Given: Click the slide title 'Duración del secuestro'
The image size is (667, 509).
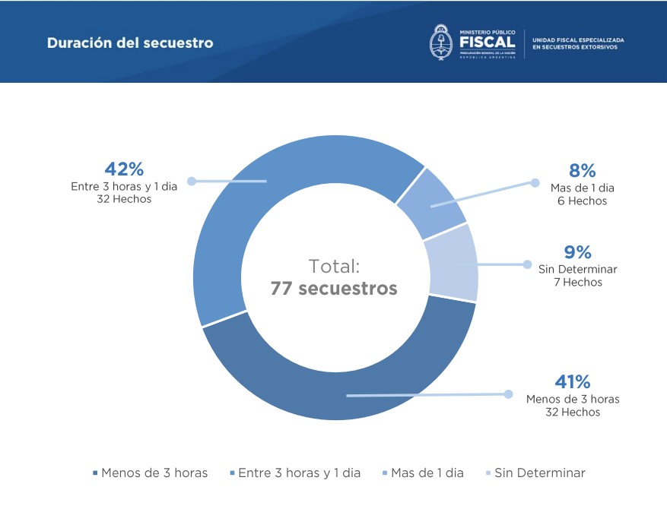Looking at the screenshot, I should point(130,43).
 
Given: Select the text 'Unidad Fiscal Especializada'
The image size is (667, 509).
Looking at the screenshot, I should point(578,40).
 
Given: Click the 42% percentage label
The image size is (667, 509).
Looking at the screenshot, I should point(124,169).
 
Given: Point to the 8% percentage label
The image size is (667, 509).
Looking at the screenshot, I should point(583,171).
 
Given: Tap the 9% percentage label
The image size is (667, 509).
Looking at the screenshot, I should point(577,252).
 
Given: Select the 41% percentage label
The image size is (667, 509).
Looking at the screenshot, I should point(573,381).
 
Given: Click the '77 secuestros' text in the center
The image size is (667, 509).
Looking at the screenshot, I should point(334,289).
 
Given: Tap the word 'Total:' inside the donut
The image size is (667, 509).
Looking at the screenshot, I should point(334,266).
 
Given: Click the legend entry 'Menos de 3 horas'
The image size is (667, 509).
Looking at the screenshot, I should point(150,473).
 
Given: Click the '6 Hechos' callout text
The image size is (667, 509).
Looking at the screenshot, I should point(583,201).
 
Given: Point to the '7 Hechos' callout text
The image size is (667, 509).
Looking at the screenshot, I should point(577,283).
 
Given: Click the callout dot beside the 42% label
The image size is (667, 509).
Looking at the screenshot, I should point(192,182).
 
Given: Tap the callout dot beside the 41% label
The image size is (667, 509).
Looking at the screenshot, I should point(508,394).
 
